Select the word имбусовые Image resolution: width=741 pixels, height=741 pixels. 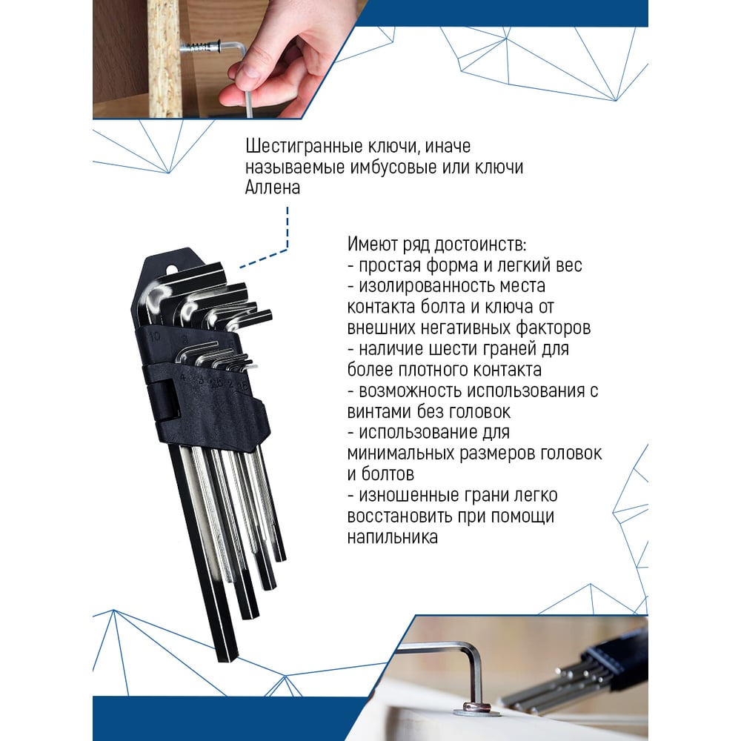[x=393, y=167]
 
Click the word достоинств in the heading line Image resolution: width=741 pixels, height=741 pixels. [x=479, y=245]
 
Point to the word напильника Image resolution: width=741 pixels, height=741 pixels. [x=392, y=537]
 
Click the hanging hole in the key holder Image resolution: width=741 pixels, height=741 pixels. [x=172, y=270]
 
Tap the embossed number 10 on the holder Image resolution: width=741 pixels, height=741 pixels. [x=155, y=336]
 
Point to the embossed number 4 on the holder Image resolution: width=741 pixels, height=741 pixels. [x=182, y=377]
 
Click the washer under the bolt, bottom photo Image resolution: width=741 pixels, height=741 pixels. [x=468, y=711]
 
